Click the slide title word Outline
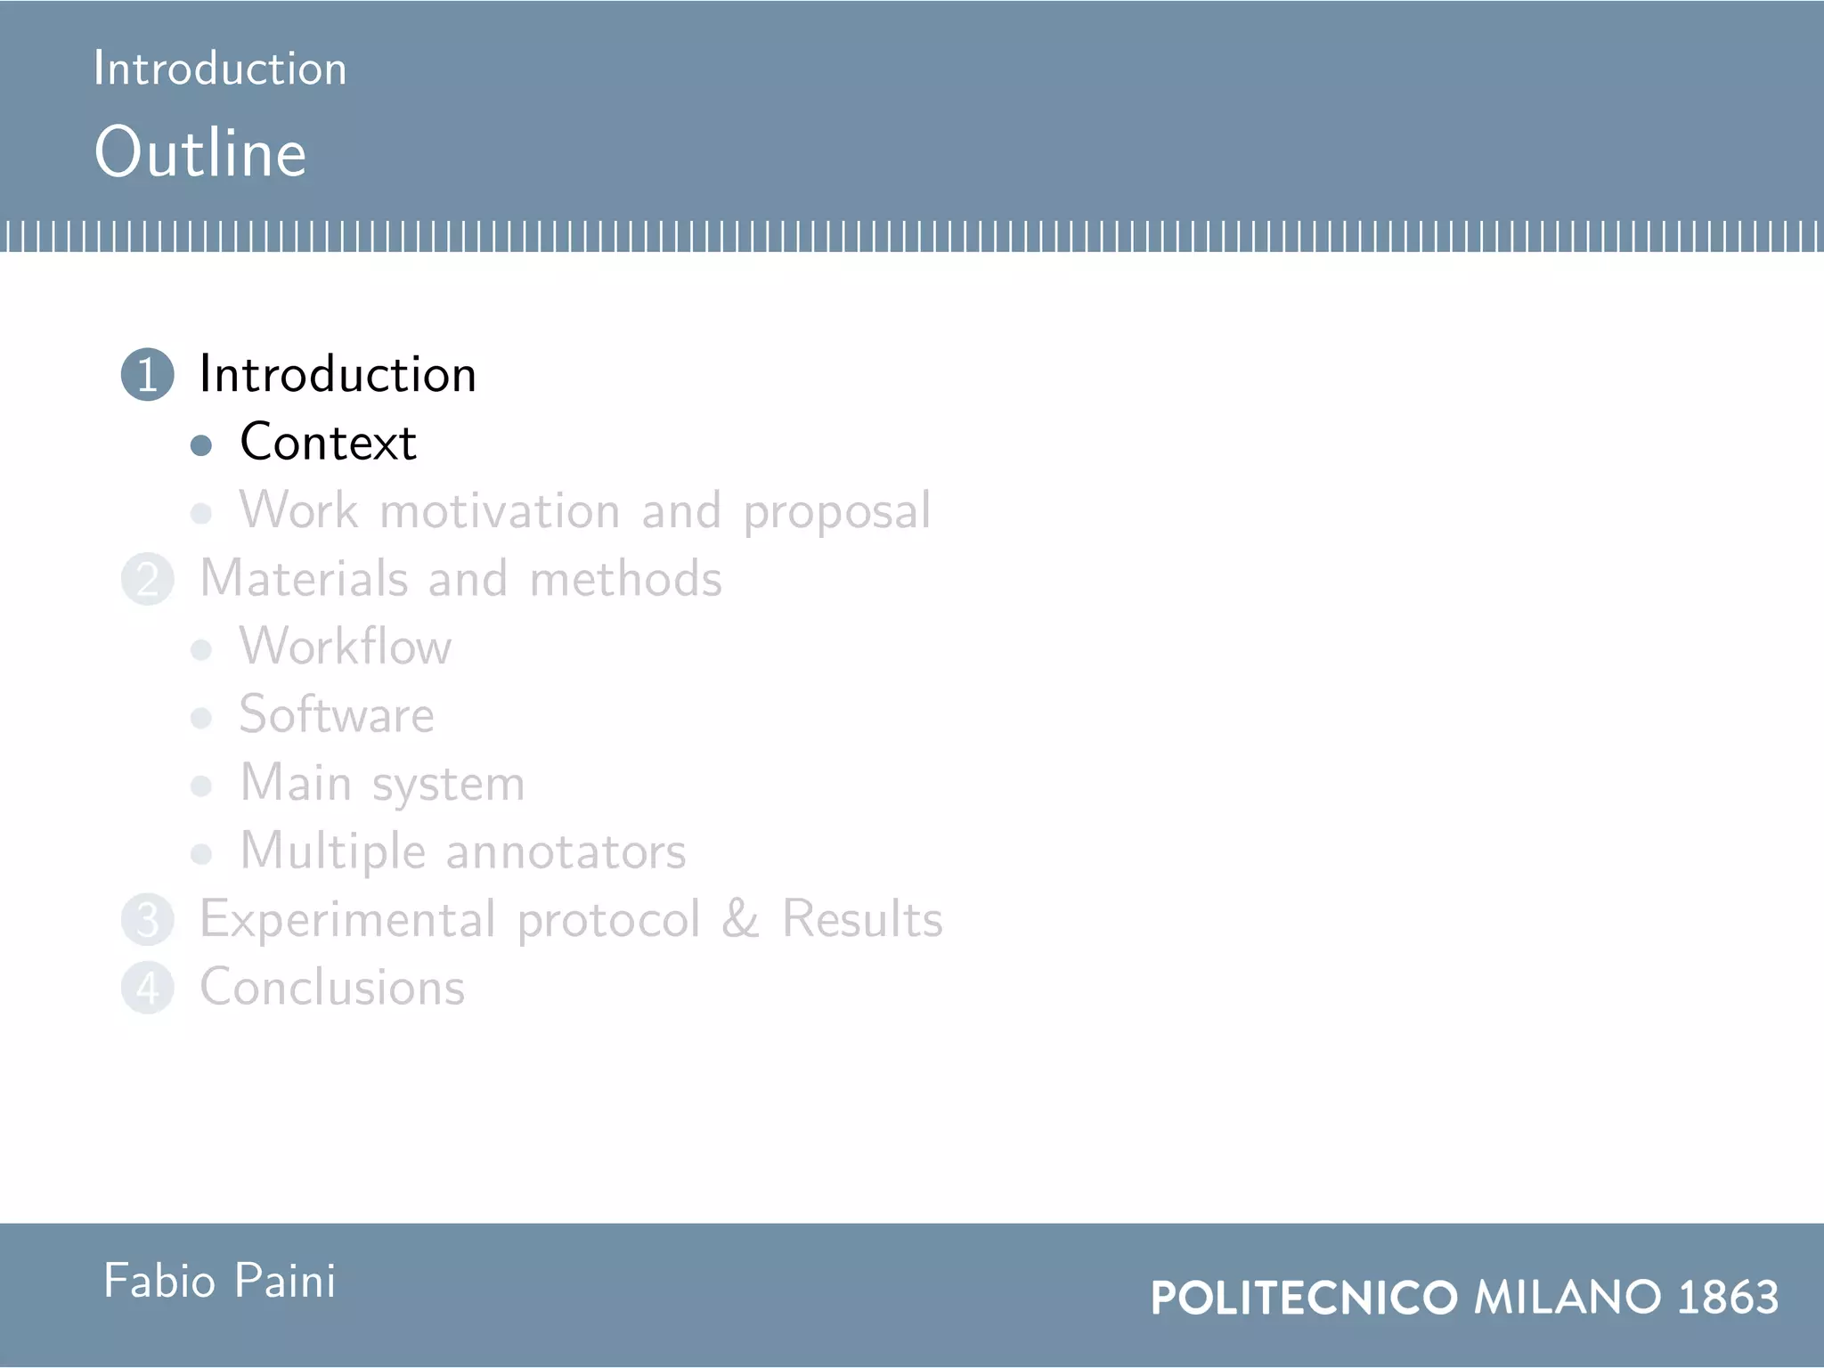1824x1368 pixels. point(200,152)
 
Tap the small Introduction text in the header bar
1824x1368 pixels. point(220,69)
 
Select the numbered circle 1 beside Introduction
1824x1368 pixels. point(148,374)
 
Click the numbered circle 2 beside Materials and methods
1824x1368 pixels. point(148,579)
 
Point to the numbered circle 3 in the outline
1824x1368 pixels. point(148,920)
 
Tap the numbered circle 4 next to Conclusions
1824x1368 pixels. point(148,988)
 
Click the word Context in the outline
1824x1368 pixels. point(328,442)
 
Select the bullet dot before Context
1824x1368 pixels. point(201,445)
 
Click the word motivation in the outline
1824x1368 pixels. point(500,511)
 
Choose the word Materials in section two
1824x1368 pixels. point(303,579)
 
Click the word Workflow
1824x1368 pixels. point(346,647)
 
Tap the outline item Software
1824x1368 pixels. point(337,715)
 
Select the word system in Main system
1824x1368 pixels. point(448,786)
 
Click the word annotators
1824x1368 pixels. point(566,852)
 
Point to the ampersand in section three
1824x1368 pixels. point(740,919)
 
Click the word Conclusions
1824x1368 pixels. point(332,988)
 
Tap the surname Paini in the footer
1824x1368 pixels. point(285,1282)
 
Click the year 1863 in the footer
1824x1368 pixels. point(1728,1298)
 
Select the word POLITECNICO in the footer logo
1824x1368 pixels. point(1304,1298)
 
